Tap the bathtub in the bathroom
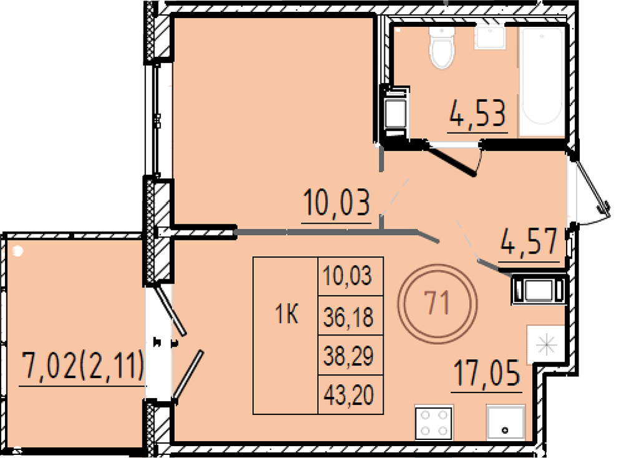542,76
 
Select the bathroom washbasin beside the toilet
489,37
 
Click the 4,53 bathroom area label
477,113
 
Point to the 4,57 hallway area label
529,242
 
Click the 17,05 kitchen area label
487,373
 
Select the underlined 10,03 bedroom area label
336,203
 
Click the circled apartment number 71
437,303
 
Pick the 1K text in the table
286,315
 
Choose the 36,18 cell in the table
349,317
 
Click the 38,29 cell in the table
349,356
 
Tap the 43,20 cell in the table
349,396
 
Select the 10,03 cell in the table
348,276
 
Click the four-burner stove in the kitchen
434,423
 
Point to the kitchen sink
505,423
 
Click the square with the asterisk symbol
545,345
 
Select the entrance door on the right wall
590,182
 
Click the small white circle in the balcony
17,251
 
